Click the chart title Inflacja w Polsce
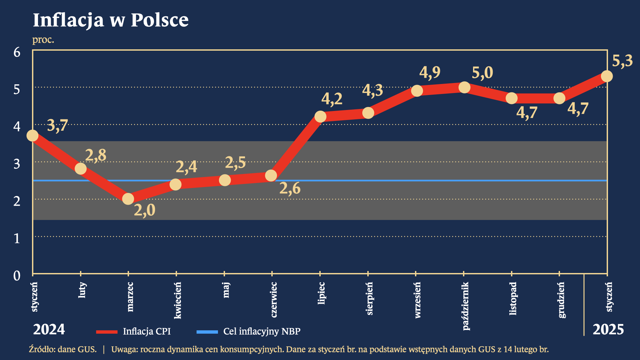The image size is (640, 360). [111, 20]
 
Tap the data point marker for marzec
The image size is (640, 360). [128, 199]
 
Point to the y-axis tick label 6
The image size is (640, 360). [17, 52]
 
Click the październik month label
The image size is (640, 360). [466, 306]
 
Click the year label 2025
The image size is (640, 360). [608, 330]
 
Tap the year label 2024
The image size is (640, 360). [49, 330]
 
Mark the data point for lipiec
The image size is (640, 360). [320, 117]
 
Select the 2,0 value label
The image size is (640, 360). [145, 210]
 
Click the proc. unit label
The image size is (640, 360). [43, 40]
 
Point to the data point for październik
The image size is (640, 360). [464, 88]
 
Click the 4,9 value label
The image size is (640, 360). [430, 73]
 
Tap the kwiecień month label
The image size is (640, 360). [178, 300]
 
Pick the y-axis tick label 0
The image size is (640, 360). [17, 276]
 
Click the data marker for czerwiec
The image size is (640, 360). [271, 176]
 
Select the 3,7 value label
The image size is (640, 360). [58, 126]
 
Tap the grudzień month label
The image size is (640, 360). [562, 300]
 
